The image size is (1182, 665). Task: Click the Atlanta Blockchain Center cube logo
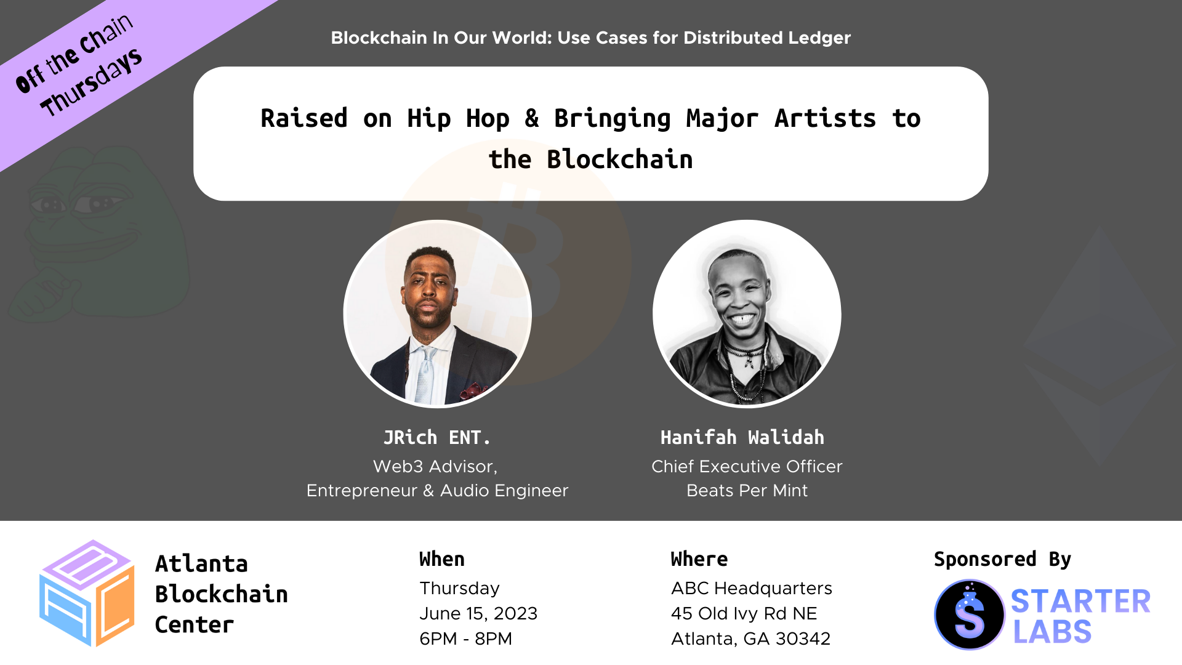point(87,594)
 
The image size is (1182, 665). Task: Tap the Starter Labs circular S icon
point(970,615)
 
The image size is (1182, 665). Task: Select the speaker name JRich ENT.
point(437,438)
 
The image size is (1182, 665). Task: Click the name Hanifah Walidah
point(742,438)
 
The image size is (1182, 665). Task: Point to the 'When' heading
point(442,559)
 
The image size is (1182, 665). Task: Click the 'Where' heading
point(699,559)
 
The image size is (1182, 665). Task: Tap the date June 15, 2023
point(478,614)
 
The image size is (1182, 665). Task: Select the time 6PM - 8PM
point(465,639)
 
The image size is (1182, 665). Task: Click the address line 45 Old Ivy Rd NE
point(744,614)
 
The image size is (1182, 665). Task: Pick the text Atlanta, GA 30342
point(751,639)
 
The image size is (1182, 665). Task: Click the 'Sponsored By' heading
point(1002,559)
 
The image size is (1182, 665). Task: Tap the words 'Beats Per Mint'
point(747,491)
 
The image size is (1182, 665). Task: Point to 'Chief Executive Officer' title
point(747,467)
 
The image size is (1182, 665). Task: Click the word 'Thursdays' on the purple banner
point(91,83)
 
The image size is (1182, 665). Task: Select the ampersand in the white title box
point(532,118)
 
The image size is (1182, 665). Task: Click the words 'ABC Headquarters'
point(752,589)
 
